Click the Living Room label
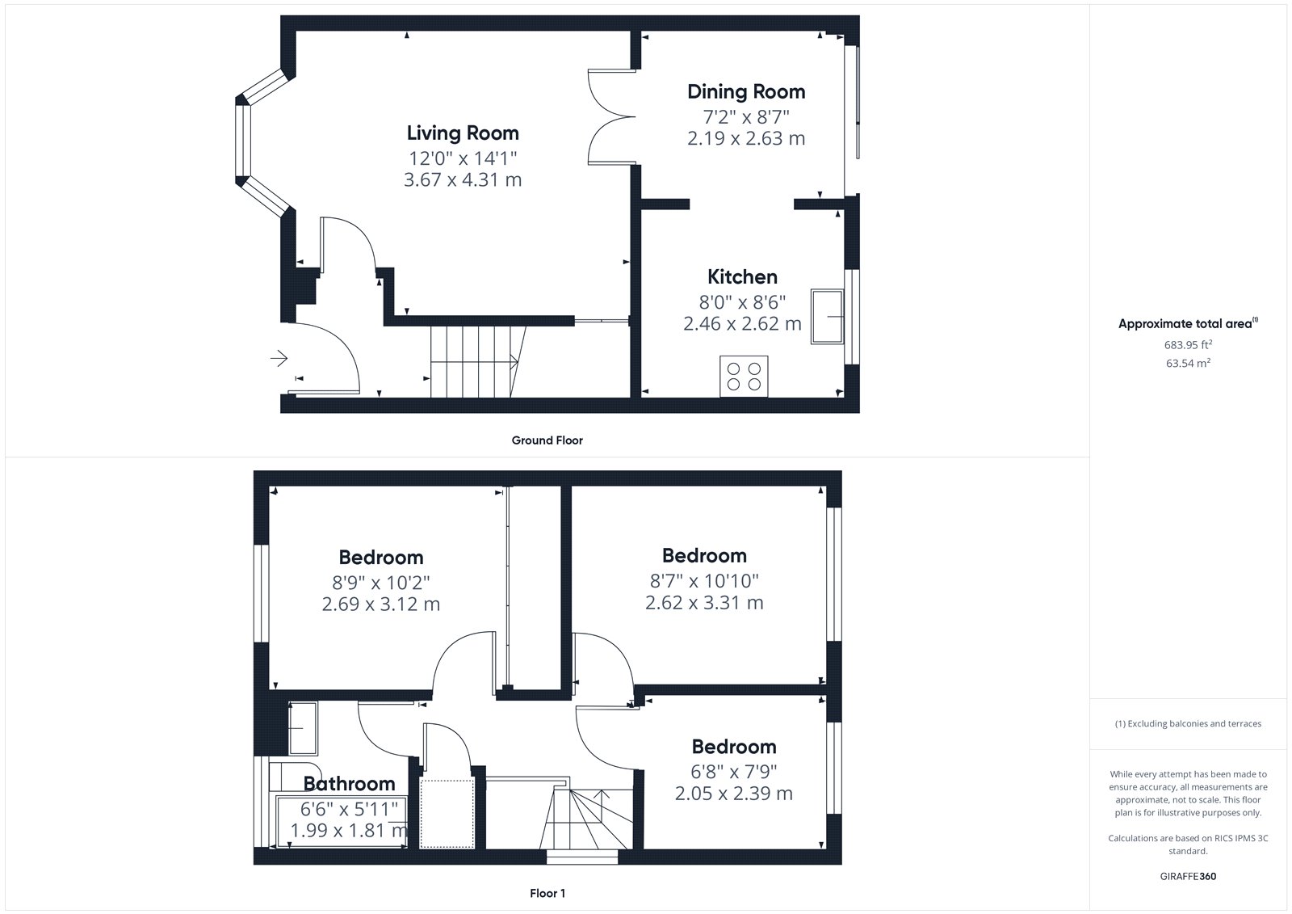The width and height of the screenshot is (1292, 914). (x=463, y=133)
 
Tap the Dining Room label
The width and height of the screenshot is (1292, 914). (x=746, y=92)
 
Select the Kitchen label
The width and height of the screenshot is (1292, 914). (x=742, y=277)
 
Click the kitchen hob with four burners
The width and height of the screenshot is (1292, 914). (x=744, y=377)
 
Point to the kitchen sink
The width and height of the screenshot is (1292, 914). (x=827, y=317)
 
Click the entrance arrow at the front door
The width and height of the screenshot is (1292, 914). (x=279, y=359)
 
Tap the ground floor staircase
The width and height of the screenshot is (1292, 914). (x=478, y=362)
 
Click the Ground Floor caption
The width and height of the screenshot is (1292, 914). (x=547, y=440)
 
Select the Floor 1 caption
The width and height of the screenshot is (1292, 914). (x=547, y=893)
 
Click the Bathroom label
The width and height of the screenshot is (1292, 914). (x=350, y=784)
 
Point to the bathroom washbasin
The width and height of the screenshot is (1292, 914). (x=303, y=728)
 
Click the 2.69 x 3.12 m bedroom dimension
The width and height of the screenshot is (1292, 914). (x=380, y=604)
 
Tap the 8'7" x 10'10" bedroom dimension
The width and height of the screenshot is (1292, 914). (x=704, y=581)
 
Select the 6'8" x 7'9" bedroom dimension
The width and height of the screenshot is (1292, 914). (x=734, y=772)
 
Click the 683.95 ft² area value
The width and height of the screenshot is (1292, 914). (x=1188, y=345)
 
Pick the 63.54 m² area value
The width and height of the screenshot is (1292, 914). (x=1188, y=363)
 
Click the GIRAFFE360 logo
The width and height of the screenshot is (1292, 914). (x=1188, y=877)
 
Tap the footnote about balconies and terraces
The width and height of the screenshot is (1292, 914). (x=1188, y=723)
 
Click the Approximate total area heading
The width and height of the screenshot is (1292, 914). (x=1188, y=323)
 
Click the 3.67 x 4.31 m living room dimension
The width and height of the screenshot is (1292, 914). (x=463, y=180)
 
